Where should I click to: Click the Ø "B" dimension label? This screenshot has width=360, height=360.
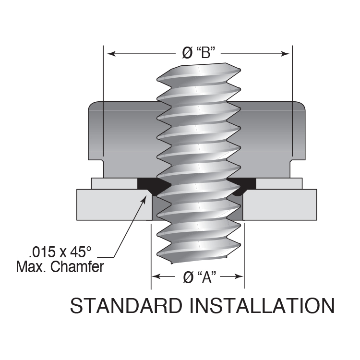[x=198, y=53]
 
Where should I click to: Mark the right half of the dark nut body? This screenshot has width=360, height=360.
[x=274, y=137]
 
